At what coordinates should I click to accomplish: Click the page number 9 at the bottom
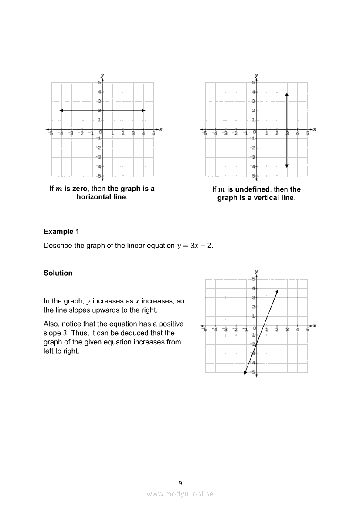[x=180, y=483]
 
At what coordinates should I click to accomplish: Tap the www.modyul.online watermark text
[x=180, y=494]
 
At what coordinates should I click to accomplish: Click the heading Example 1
[x=61, y=232]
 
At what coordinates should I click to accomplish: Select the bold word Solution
[x=58, y=273]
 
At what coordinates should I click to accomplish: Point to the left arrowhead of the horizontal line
[x=61, y=111]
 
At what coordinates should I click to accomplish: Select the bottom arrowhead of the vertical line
[x=287, y=165]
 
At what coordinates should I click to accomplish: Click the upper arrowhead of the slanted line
[x=277, y=290]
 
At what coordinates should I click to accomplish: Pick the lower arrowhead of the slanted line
[x=245, y=372]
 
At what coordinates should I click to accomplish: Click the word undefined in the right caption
[x=252, y=189]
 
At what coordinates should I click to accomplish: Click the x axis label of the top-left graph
[x=161, y=129]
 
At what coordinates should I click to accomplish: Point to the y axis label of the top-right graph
[x=256, y=75]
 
